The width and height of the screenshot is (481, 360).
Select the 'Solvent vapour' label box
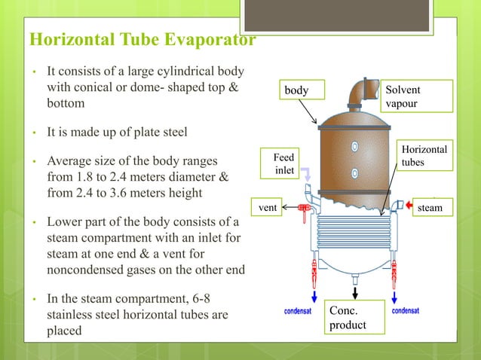(x=412, y=96)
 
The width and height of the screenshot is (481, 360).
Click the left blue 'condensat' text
(x=299, y=310)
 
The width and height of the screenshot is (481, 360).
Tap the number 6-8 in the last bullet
(x=202, y=298)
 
